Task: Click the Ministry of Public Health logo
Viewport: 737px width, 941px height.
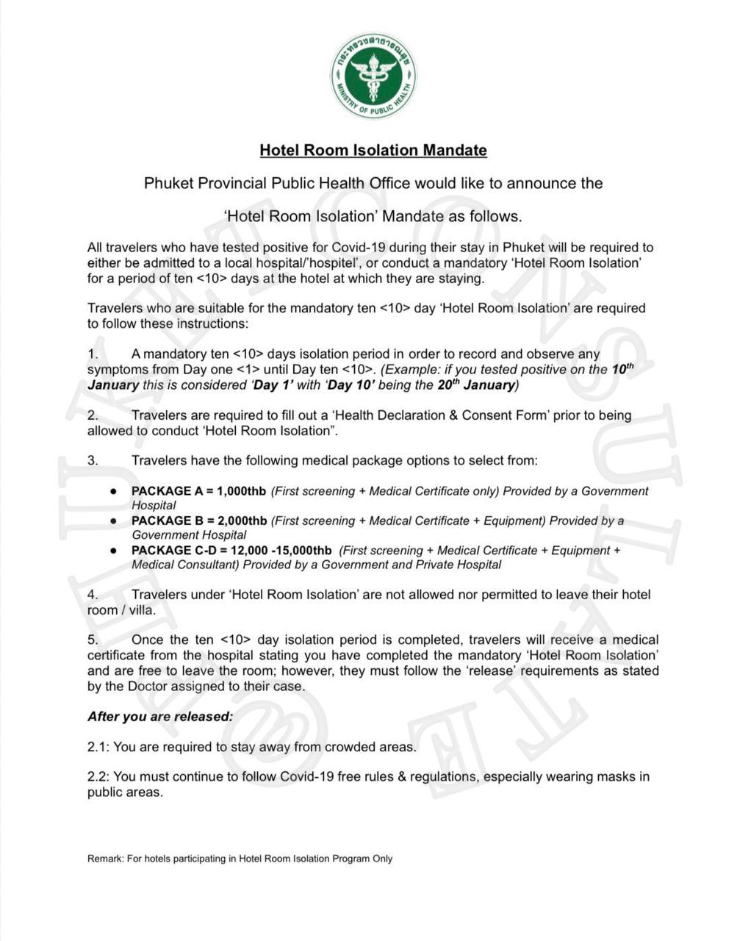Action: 373,76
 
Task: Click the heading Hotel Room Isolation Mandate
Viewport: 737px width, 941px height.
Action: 373,151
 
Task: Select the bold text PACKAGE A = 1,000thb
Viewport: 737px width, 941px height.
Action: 199,491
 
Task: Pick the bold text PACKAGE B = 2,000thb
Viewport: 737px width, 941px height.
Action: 199,521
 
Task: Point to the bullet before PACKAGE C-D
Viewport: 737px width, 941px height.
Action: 114,551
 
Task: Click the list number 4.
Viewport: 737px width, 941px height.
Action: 93,595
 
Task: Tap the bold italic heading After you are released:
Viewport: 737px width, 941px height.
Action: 160,717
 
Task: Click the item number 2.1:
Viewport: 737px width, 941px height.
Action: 98,747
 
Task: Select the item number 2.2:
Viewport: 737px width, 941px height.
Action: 98,776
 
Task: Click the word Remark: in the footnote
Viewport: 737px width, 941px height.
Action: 105,859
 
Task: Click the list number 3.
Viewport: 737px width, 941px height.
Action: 93,461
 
